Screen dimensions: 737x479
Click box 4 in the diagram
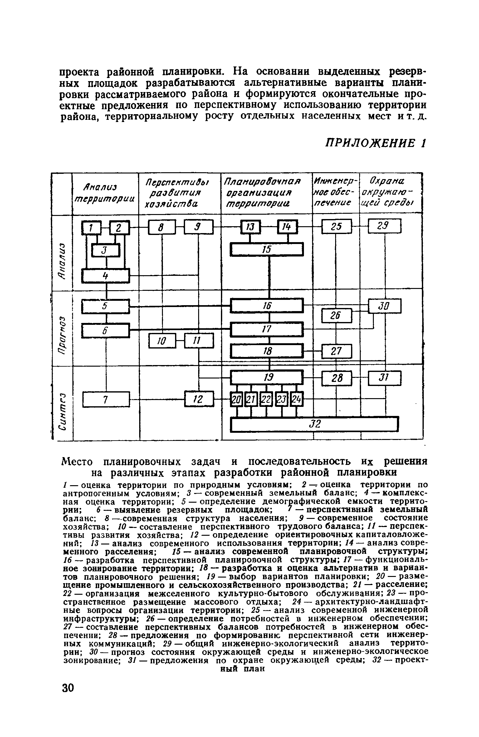click(105, 276)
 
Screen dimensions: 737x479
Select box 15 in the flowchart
click(266, 250)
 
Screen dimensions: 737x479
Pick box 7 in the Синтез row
click(106, 400)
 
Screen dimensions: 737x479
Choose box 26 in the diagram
click(336, 316)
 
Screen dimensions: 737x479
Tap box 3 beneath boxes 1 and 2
click(105, 250)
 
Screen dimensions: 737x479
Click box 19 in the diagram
click(266, 378)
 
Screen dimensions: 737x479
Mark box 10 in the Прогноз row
click(162, 341)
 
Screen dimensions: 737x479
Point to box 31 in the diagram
click(384, 378)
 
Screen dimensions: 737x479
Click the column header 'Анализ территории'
click(105, 193)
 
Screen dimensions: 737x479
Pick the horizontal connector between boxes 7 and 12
click(157, 399)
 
